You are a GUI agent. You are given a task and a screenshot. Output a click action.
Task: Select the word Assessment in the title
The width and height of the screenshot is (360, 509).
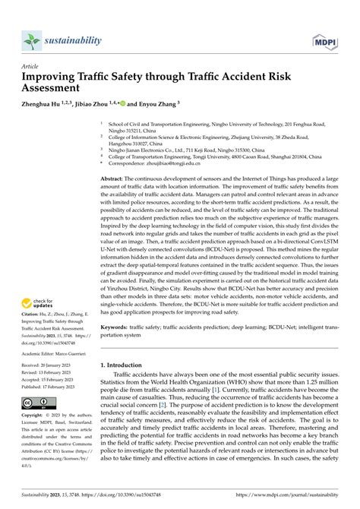[x=57, y=90]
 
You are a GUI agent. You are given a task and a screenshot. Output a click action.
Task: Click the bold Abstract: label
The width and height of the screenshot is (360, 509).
[x=115, y=177]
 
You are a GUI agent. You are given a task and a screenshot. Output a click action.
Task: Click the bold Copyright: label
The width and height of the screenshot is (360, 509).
[x=37, y=416]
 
